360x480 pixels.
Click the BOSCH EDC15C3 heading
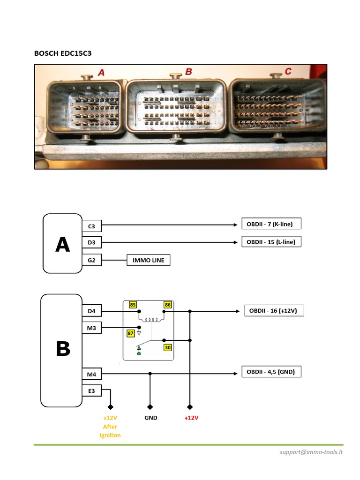click(63, 53)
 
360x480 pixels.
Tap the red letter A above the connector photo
click(101, 72)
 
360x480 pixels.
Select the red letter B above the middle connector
click(188, 72)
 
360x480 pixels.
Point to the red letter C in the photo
click(288, 71)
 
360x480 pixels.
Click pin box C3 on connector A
click(91, 226)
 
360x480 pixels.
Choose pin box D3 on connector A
click(91, 243)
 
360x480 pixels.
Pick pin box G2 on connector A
click(91, 260)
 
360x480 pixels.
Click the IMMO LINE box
click(148, 260)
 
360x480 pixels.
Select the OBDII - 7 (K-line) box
click(270, 224)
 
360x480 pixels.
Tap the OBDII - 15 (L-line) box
click(271, 242)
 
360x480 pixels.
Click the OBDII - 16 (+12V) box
click(274, 310)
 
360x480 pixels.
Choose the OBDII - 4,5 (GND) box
click(271, 372)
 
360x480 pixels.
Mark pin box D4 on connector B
click(91, 311)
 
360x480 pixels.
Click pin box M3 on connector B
click(91, 328)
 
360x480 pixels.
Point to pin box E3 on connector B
click(91, 390)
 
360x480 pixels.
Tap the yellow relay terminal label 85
click(133, 305)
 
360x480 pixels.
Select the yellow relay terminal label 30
click(167, 347)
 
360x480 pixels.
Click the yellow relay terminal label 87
click(131, 333)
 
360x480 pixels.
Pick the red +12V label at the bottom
click(191, 418)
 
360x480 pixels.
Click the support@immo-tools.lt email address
click(311, 452)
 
